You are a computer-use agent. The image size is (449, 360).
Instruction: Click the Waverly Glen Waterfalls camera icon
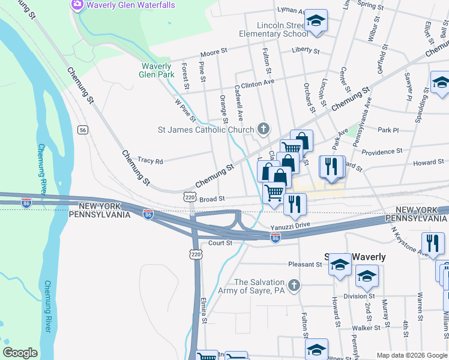(77, 5)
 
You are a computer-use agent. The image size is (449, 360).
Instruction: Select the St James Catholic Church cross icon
(263, 128)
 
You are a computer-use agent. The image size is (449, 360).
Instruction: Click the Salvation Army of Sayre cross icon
(294, 286)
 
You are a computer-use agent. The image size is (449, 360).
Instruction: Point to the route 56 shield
(83, 130)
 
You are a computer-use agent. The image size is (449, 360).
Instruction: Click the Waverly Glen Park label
(157, 70)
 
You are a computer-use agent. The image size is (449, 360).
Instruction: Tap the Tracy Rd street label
(151, 161)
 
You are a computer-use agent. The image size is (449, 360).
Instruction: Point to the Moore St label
(214, 53)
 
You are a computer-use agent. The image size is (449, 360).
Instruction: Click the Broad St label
(212, 199)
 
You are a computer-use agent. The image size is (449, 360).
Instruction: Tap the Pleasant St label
(306, 264)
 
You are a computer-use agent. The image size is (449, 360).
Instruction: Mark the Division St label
(360, 296)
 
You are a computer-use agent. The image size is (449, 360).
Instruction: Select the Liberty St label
(306, 50)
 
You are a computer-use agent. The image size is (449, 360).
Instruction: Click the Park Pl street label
(388, 130)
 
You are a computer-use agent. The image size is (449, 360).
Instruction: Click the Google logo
(20, 353)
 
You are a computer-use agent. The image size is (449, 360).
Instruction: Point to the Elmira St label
(205, 309)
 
